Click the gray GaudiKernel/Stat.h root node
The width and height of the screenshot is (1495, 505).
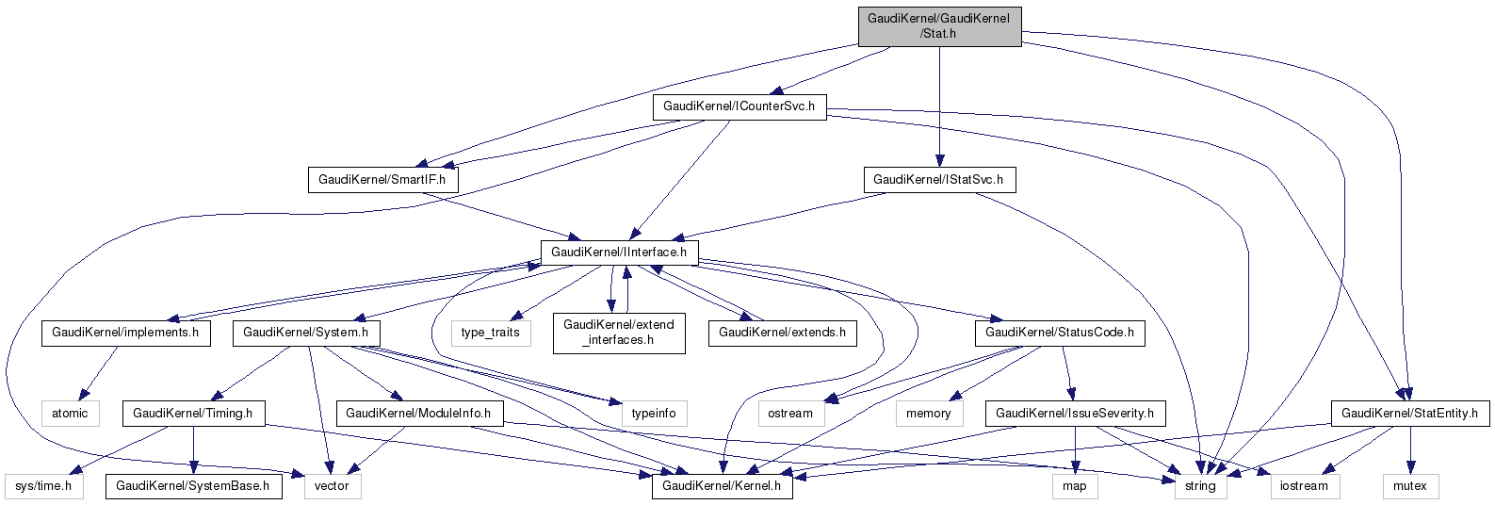(x=939, y=26)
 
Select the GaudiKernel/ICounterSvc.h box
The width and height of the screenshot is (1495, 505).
(x=739, y=106)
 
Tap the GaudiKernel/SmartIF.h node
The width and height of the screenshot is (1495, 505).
(x=382, y=179)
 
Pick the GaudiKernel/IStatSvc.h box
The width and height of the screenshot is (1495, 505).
(x=938, y=179)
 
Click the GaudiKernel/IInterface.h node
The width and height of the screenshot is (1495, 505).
(x=619, y=252)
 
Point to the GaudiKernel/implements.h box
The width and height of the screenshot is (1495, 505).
(x=125, y=333)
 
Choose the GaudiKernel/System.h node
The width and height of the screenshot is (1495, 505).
(x=306, y=333)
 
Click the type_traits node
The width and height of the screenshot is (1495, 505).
(x=491, y=333)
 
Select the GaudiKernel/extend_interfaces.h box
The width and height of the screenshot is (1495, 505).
(x=619, y=333)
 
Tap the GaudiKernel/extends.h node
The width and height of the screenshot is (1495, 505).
(x=782, y=333)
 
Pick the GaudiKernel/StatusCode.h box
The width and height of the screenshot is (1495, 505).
(x=1060, y=333)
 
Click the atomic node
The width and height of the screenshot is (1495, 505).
(x=70, y=414)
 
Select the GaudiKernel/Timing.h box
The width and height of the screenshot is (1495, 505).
(x=193, y=414)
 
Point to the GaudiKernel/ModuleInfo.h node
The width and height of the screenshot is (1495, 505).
(x=420, y=414)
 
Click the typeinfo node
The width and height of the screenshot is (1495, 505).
(x=654, y=414)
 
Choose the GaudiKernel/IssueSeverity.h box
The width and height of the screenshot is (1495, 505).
(x=1076, y=414)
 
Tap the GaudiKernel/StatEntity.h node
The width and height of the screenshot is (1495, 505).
(x=1409, y=414)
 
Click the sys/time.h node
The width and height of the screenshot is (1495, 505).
(x=43, y=486)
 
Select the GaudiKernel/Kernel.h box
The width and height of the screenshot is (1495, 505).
(x=722, y=486)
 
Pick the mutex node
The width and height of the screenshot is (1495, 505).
(x=1410, y=486)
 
